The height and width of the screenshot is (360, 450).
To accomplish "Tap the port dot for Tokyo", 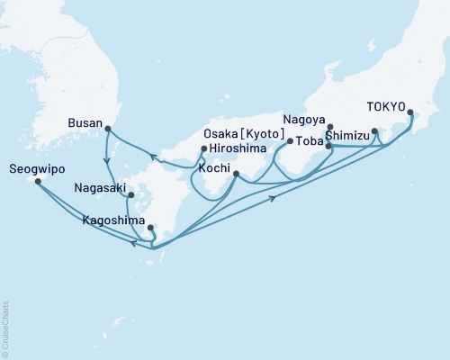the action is pos(411,113).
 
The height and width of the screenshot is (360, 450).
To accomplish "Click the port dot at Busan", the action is pos(108,129).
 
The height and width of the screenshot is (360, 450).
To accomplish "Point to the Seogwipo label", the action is pos(35,167).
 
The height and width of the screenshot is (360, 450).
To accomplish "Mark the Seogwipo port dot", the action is pos(38,181).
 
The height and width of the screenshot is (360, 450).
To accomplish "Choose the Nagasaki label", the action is pos(101,189).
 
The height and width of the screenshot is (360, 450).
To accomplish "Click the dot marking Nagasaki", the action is pos(131,194).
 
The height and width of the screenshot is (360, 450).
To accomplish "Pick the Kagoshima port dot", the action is pos(150,228).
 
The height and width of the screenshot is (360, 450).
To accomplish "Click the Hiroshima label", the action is pos(237,150).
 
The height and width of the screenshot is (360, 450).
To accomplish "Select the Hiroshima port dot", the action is pos(204,148).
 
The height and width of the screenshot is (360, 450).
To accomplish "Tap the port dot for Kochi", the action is pos(236,175).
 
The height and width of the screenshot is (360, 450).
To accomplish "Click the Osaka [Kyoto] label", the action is pos(238,133).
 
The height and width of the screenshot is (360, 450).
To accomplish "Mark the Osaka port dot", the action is pos(289,141).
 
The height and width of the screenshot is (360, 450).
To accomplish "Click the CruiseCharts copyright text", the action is pos(5,329).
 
